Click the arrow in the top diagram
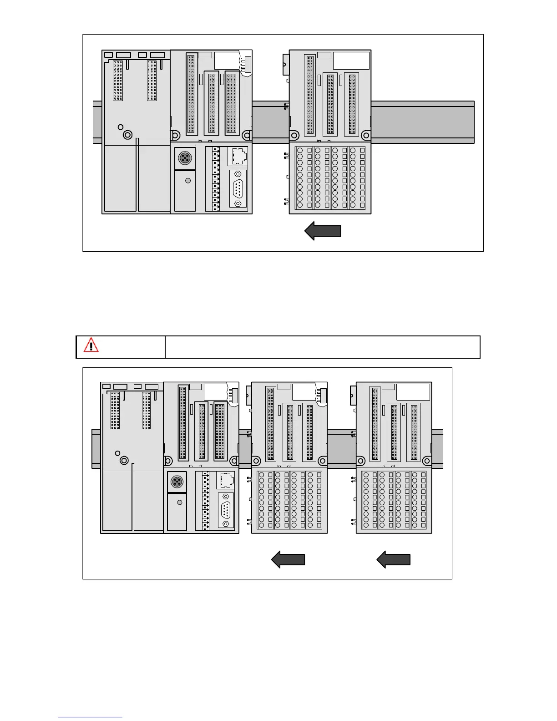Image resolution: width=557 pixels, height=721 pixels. click(x=323, y=231)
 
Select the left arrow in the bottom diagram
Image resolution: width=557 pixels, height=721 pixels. click(x=288, y=559)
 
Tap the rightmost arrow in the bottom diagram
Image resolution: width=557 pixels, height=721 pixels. click(x=394, y=559)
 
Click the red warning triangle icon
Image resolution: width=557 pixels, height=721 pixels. click(x=91, y=345)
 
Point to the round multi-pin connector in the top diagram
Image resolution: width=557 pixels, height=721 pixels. click(x=185, y=158)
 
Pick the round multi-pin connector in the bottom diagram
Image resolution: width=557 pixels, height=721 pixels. click(x=177, y=482)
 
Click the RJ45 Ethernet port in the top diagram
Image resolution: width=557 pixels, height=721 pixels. click(x=238, y=156)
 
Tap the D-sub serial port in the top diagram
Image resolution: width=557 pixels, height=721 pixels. click(x=238, y=188)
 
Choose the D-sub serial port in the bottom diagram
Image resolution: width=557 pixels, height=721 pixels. click(x=226, y=511)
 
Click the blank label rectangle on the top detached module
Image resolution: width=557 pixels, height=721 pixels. click(x=351, y=61)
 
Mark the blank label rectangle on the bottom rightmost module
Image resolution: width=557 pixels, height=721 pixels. click(x=413, y=392)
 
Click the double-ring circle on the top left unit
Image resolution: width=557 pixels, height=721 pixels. click(x=127, y=135)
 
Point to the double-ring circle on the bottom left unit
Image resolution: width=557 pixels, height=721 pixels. click(x=124, y=461)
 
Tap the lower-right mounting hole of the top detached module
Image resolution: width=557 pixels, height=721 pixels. click(x=365, y=135)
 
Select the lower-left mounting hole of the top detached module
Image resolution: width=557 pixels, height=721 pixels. click(x=294, y=135)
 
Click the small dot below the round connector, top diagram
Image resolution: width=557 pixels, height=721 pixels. click(x=188, y=181)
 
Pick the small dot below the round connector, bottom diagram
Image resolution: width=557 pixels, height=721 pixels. click(x=180, y=503)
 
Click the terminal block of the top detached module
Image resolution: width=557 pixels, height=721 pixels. click(x=330, y=178)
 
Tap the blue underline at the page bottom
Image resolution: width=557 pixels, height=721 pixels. click(x=90, y=717)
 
